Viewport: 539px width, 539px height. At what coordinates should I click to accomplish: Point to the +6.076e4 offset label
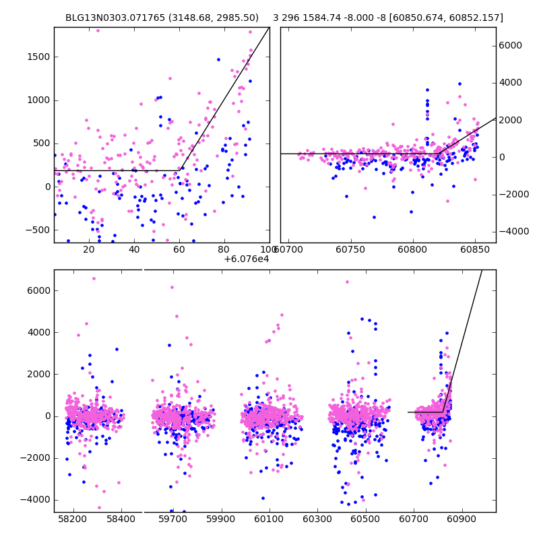point(247,258)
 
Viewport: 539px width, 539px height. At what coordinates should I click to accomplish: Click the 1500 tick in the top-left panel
point(38,57)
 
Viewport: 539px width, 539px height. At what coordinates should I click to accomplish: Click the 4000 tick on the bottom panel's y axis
point(38,332)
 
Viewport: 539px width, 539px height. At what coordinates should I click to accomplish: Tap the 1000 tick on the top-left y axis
point(38,100)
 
